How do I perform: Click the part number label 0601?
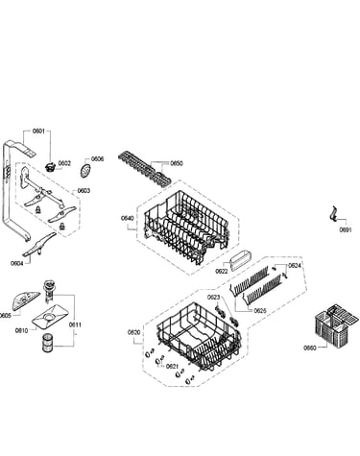click(x=38, y=131)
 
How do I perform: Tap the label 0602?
click(x=64, y=163)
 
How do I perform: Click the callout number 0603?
click(x=84, y=191)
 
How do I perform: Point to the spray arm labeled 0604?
click(x=39, y=244)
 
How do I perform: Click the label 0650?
click(x=177, y=163)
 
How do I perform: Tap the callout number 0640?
click(x=127, y=218)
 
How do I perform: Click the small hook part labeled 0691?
click(x=333, y=214)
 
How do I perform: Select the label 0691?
click(x=346, y=229)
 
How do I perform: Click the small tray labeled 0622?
click(x=240, y=261)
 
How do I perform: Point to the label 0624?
click(x=295, y=265)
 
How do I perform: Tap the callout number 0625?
click(x=260, y=311)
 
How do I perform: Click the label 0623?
click(x=213, y=298)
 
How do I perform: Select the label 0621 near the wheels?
click(x=172, y=366)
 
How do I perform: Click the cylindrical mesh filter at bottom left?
click(x=47, y=342)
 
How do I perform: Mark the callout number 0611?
click(x=75, y=324)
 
